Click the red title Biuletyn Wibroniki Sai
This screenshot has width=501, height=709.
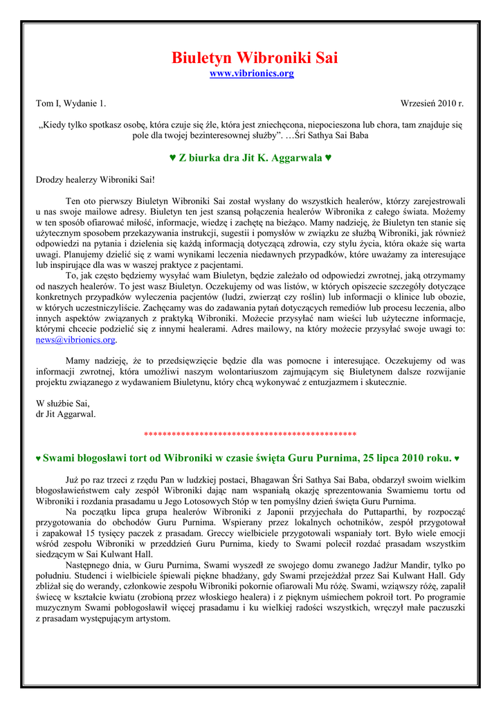coord(255,57)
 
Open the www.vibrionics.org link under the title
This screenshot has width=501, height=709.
coord(251,73)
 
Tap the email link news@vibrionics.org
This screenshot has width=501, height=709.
coord(76,340)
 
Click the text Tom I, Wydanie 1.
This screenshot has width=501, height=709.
coord(71,104)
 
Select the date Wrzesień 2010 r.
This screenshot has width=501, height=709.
coord(432,104)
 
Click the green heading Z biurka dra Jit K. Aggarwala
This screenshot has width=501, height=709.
coord(250,158)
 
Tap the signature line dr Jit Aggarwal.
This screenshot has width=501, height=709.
coord(66,414)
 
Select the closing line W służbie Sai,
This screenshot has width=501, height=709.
coord(63,403)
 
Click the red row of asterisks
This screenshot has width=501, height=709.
coord(250,435)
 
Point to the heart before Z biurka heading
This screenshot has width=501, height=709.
coord(173,158)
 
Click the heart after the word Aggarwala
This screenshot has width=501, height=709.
coord(328,158)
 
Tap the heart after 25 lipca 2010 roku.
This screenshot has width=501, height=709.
coord(457,458)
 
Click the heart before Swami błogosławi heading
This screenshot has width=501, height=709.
coord(38,458)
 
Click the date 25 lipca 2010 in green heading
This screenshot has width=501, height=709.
coord(390,458)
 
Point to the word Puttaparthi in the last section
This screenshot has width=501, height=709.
coord(375,511)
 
